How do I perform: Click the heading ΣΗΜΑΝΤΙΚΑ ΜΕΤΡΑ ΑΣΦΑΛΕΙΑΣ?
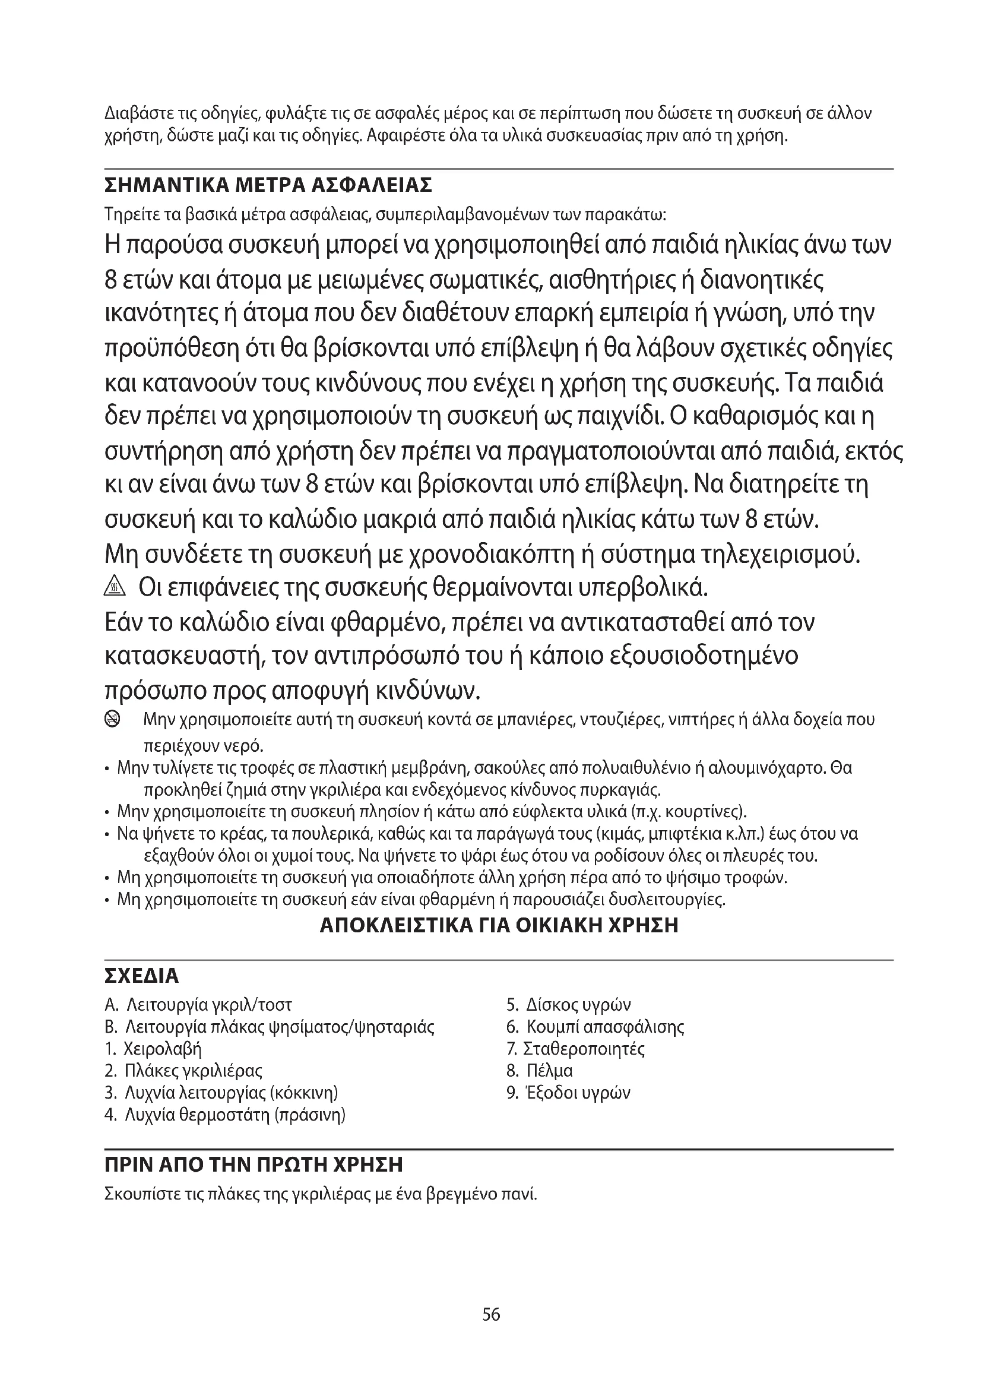[268, 185]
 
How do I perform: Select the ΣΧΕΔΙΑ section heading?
[142, 976]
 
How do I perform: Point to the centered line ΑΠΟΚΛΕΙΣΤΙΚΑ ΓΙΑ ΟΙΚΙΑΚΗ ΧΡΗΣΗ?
[499, 926]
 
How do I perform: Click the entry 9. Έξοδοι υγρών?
[568, 1093]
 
